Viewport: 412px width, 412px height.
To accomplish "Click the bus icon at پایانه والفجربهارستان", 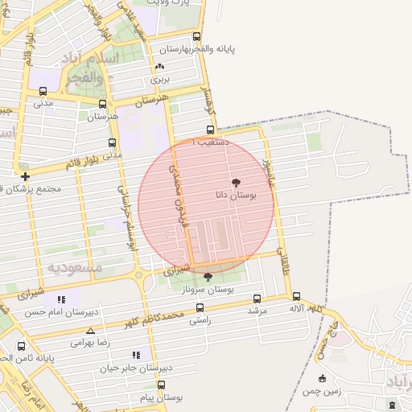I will [197, 36].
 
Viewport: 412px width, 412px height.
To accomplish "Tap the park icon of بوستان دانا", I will [235, 183].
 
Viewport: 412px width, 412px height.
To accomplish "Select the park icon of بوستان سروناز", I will [208, 277].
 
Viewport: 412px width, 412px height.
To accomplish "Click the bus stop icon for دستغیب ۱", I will [210, 130].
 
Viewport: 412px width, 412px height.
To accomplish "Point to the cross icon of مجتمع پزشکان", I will [26, 176].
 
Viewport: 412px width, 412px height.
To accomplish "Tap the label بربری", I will [159, 80].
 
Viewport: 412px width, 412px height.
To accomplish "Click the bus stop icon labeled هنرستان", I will [102, 104].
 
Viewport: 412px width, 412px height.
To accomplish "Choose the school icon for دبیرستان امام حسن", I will [62, 299].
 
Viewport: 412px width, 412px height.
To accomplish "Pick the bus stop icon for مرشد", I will [257, 298].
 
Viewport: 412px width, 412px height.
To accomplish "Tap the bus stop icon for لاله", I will [297, 296].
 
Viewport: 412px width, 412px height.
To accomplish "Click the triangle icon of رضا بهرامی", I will [90, 331].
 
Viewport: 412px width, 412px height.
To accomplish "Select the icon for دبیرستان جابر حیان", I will [135, 354].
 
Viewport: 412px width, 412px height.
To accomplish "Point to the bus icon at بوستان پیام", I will [161, 385].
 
